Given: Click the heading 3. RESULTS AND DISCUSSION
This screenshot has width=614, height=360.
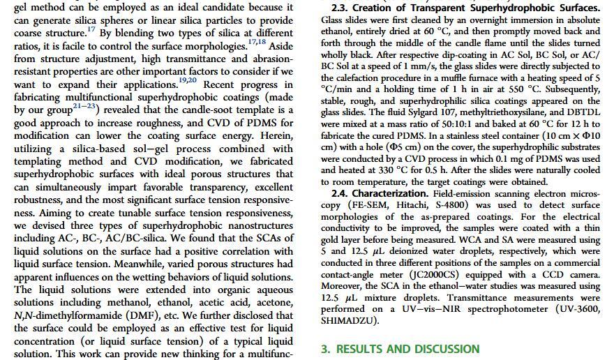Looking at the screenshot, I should coord(400,349).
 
